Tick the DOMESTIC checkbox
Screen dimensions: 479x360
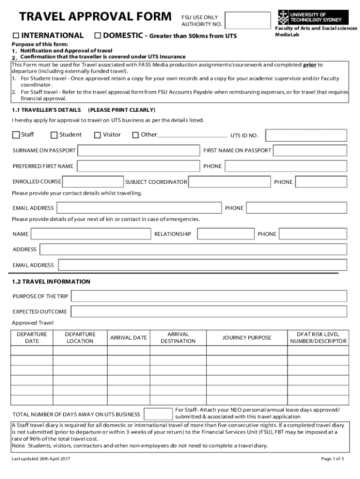(x=97, y=36)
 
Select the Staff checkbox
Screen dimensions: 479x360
(x=16, y=135)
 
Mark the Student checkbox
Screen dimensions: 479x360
(x=54, y=135)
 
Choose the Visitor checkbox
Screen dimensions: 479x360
(x=97, y=135)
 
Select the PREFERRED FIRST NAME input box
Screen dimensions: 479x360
(x=138, y=166)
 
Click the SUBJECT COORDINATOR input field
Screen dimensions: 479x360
(x=230, y=182)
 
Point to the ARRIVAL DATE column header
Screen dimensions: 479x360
(x=128, y=338)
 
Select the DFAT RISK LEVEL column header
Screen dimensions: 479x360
(x=318, y=338)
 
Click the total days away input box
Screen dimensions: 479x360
(x=158, y=414)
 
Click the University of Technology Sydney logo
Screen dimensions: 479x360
(x=310, y=18)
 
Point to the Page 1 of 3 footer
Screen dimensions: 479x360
(x=332, y=458)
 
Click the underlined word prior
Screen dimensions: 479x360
(x=310, y=65)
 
